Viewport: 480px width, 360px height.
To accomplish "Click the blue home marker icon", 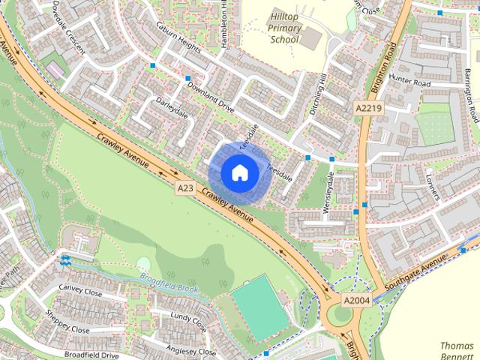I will [239, 172].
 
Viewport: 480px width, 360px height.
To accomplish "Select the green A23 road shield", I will [187, 185].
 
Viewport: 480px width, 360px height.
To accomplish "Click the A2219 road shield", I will [365, 109].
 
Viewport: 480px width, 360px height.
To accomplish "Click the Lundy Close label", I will [187, 322].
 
